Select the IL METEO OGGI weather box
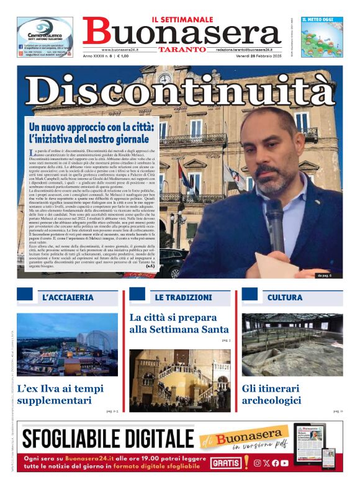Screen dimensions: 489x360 pos(322,37)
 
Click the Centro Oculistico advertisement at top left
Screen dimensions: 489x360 pos(45,37)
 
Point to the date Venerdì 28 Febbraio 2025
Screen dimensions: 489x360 pos(254,56)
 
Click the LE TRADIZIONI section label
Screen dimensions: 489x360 pos(179,298)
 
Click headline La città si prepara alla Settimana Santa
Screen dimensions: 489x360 pos(179,323)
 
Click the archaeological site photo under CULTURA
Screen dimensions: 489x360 pos(292,344)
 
